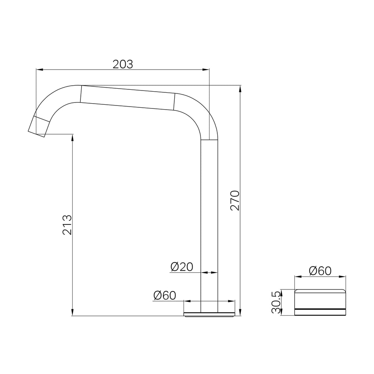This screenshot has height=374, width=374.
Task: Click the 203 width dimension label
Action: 123,64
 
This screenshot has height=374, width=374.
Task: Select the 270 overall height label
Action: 235,200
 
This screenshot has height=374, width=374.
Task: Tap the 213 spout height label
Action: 67,225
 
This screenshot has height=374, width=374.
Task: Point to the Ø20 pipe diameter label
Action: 182,267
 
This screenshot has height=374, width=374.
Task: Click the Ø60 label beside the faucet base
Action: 165,295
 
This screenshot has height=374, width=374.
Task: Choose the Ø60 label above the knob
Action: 320,271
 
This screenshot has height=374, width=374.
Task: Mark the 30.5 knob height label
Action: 276,302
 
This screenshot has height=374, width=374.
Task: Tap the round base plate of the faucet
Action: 209,315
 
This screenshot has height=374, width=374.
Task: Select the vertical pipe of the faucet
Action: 209,226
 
